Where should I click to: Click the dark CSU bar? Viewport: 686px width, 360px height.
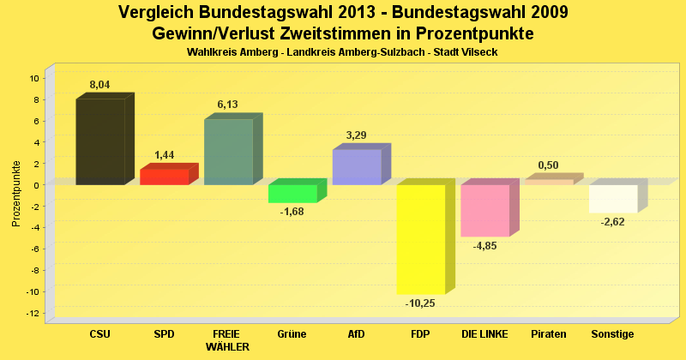[100, 141]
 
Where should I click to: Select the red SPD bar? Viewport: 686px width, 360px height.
[164, 177]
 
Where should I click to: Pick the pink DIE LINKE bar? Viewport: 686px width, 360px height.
[485, 210]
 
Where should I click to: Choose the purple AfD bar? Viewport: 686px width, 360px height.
[357, 167]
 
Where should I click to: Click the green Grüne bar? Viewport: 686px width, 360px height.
[292, 194]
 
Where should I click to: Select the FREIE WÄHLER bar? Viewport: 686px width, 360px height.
[228, 152]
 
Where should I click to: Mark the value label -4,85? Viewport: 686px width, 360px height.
[485, 246]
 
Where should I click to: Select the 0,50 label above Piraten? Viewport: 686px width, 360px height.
[549, 165]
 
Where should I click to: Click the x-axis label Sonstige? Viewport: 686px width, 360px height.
[613, 333]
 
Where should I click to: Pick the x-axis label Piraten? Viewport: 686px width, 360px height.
[549, 333]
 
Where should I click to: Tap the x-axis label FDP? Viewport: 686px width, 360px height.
[421, 333]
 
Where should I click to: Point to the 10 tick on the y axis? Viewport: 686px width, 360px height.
[35, 78]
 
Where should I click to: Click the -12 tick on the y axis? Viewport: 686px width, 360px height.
[33, 314]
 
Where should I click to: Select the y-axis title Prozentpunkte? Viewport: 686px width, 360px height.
[16, 193]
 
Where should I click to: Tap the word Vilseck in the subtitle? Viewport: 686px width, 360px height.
[479, 52]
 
